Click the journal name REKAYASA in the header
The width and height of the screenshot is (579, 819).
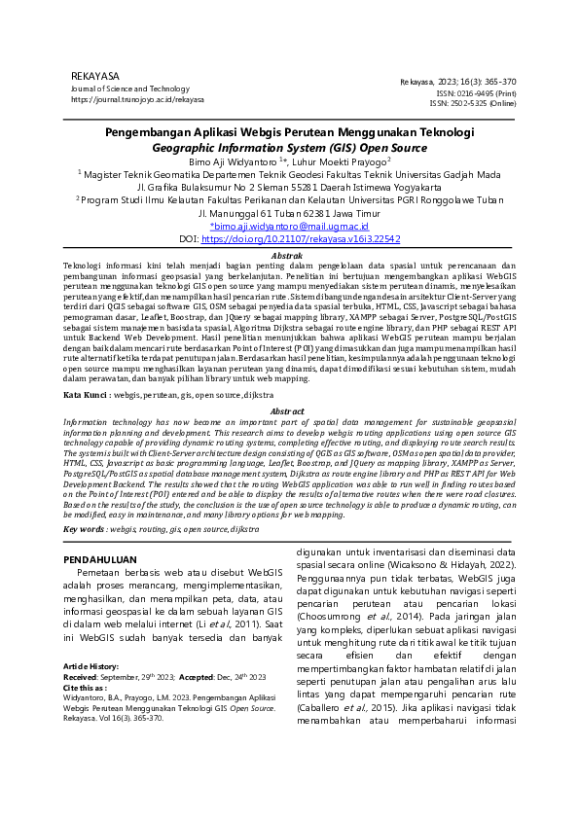[x=95, y=76]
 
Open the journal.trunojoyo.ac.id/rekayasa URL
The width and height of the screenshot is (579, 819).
[x=137, y=99]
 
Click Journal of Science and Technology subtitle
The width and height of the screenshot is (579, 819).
[x=130, y=89]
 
